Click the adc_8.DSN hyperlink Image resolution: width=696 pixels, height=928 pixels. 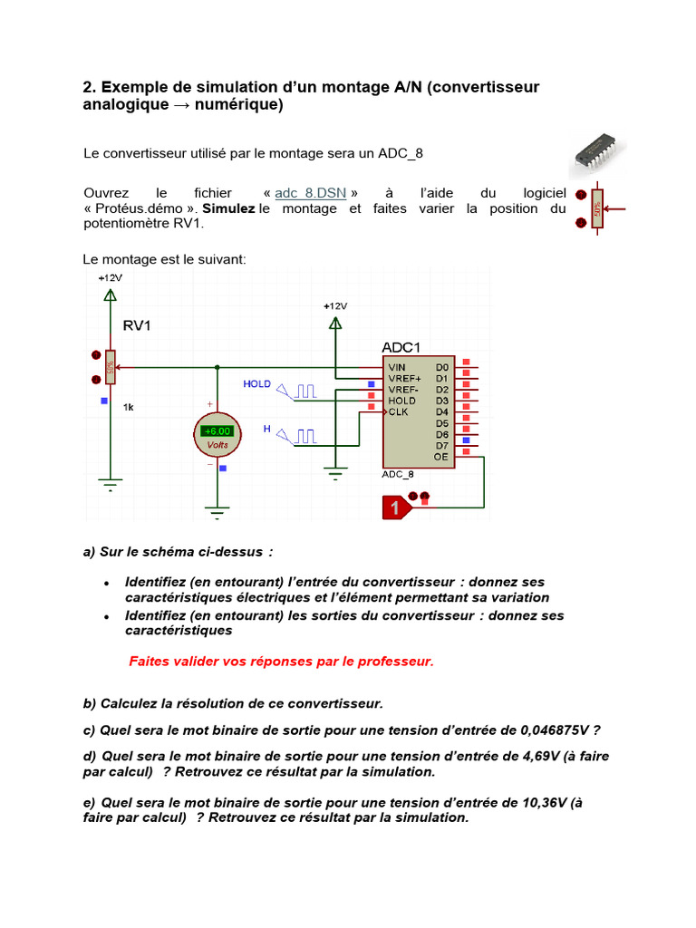coord(310,193)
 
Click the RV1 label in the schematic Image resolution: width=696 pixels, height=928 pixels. coord(137,325)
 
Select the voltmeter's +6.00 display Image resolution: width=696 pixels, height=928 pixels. coord(217,431)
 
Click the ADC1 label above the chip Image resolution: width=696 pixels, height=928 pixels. coord(401,347)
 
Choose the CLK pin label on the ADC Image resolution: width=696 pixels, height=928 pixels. coord(399,411)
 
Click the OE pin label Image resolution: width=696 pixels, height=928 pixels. coord(441,457)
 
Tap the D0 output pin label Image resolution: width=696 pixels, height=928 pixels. coord(442,367)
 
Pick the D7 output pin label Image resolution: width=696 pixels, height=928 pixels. coord(442,445)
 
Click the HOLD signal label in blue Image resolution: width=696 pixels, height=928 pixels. coord(256,384)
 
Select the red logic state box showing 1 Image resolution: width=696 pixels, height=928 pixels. coord(395,508)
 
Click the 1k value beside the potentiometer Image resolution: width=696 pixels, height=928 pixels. coord(129,408)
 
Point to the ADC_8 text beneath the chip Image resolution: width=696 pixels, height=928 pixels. coord(398,474)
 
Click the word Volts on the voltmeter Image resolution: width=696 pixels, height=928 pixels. coord(217,445)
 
